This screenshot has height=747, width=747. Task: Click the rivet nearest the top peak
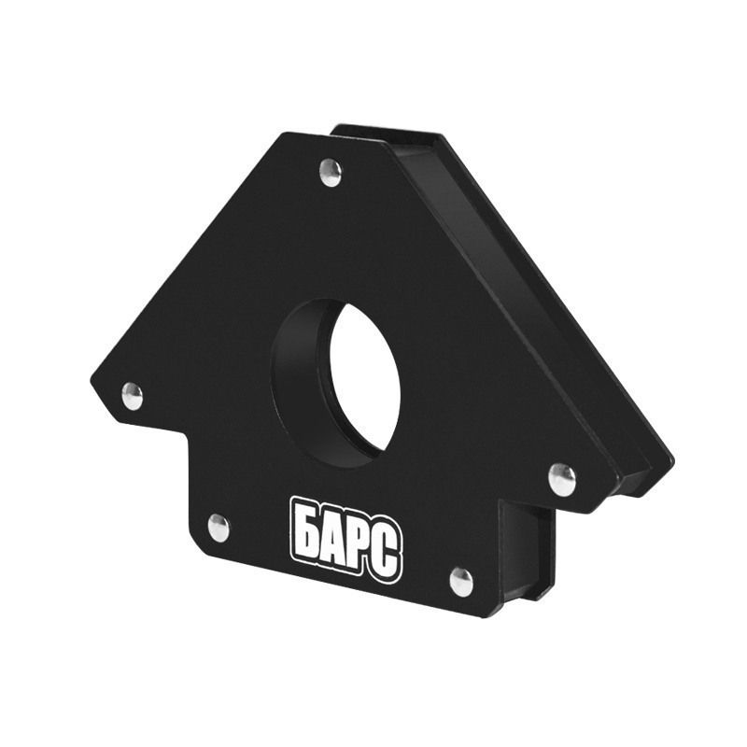point(331,173)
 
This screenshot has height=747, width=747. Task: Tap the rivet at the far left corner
point(132,396)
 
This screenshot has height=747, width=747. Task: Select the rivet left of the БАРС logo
point(218,528)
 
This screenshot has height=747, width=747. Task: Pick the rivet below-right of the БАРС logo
point(461,582)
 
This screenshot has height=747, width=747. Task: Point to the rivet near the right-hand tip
point(562,480)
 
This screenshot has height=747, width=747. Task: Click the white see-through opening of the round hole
point(364,376)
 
